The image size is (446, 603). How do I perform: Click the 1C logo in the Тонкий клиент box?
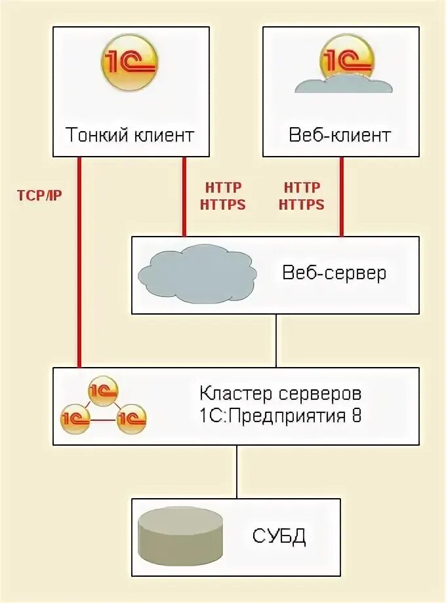(x=130, y=62)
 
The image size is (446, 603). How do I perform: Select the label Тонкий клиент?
(x=130, y=136)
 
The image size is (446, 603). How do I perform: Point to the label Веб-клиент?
(x=340, y=136)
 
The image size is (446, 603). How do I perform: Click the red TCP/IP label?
(x=39, y=195)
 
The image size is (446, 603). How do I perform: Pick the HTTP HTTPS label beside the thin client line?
(x=222, y=196)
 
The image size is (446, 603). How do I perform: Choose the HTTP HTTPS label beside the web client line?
(x=302, y=196)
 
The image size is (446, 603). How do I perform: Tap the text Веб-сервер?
(x=334, y=273)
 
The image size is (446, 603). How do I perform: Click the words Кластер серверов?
(x=280, y=395)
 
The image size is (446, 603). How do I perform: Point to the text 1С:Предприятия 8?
(x=280, y=417)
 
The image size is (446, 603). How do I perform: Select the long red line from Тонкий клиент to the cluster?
(x=79, y=262)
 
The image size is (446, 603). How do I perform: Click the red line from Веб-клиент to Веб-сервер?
(x=341, y=196)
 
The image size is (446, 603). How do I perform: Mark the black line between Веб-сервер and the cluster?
(x=275, y=341)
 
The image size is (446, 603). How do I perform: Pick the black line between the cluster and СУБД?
(x=236, y=472)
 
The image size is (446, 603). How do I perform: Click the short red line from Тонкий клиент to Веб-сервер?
(x=184, y=196)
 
